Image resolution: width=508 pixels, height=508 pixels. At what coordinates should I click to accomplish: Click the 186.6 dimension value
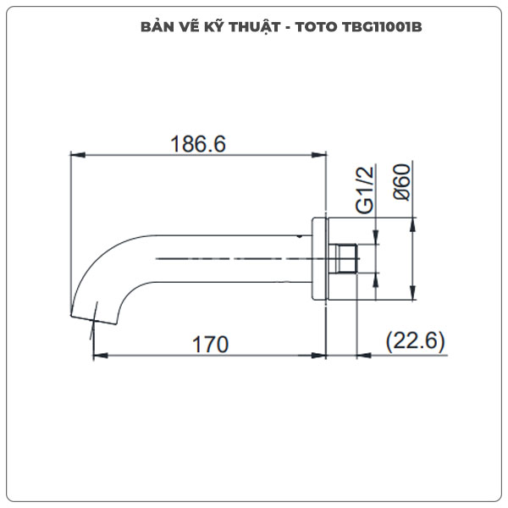pos(198,144)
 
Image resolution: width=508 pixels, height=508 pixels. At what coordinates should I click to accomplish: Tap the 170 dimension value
pos(211,344)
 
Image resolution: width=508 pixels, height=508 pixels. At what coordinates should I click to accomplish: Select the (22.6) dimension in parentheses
pos(415,342)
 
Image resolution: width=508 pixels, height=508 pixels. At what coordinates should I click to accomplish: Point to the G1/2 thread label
pos(365,190)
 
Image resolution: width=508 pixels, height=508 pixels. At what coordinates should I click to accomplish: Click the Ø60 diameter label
pos(402,182)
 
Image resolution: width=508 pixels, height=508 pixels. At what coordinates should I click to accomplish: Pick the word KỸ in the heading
pos(211,27)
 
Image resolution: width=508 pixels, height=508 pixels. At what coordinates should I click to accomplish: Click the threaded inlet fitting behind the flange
pos(345,259)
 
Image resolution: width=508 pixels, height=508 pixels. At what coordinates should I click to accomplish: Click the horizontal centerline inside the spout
pos(229,257)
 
